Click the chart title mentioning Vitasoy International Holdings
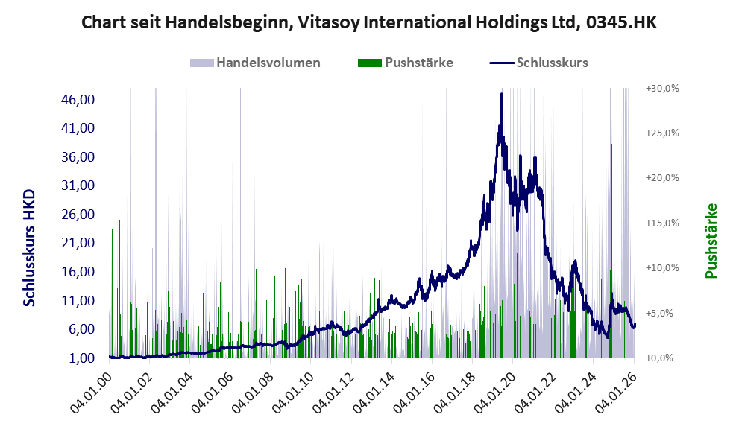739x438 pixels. pos(368,23)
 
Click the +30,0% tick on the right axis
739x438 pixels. pos(662,88)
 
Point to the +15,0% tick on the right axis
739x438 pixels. pos(662,223)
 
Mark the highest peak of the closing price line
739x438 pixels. pos(501,94)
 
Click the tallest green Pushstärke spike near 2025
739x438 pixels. pos(611,145)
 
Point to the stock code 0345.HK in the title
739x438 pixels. pos(621,23)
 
